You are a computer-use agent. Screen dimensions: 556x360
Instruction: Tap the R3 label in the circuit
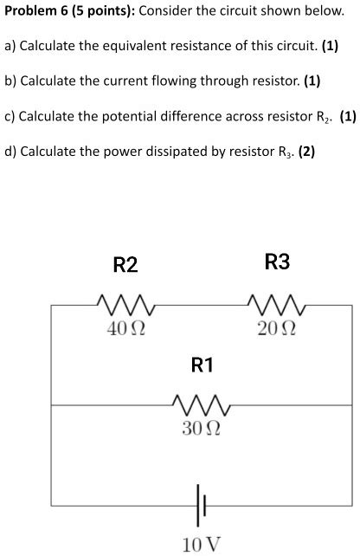[x=278, y=262]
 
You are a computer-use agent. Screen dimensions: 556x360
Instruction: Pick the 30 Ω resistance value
[x=201, y=428]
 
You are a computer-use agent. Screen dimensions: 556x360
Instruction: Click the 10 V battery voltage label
[x=201, y=544]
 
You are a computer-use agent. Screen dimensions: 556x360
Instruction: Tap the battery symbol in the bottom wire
[x=201, y=501]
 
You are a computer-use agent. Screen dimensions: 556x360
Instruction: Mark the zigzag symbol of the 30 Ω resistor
[x=201, y=404]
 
